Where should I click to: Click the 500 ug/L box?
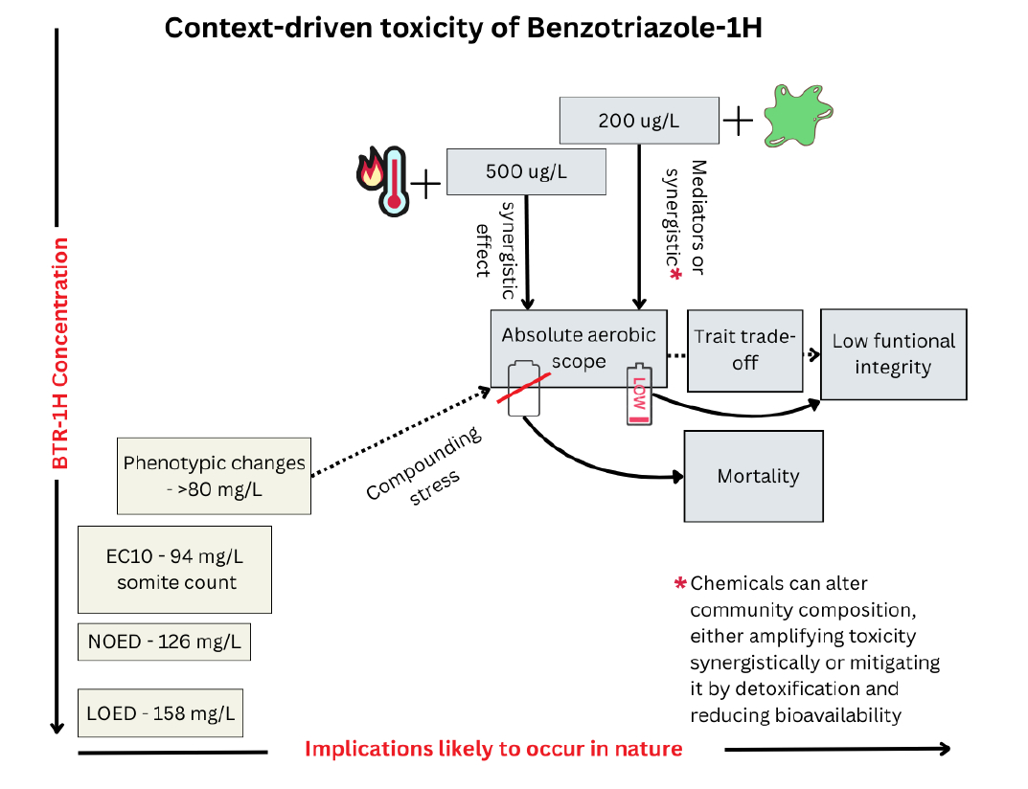tap(526, 172)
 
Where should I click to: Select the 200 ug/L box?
tap(639, 121)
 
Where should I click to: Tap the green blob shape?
tap(799, 115)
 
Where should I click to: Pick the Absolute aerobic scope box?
tap(579, 348)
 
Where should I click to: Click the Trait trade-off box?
tap(744, 349)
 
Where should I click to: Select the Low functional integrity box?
tap(893, 353)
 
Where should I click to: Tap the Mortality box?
tap(753, 476)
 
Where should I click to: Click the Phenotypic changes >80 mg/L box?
tap(214, 475)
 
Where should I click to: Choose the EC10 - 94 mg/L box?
tap(174, 569)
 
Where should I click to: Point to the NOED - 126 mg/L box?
tap(164, 642)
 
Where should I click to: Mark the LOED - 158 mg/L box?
tap(160, 712)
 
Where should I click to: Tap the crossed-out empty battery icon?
tap(523, 389)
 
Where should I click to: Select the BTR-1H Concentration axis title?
tap(60, 354)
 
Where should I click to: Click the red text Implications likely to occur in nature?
tap(493, 749)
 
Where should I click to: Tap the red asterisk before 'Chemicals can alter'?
tap(681, 583)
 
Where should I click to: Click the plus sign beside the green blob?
tap(739, 121)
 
